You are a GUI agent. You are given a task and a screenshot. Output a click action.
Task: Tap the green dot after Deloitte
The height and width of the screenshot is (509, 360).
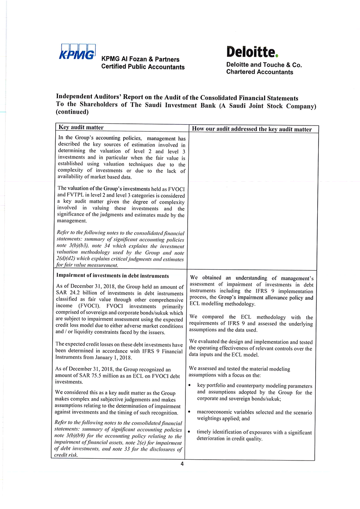click(277, 55)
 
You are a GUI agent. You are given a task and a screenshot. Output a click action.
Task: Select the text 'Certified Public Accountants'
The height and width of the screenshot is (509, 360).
click(143, 67)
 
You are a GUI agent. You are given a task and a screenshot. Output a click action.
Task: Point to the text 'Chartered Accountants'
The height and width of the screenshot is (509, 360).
click(260, 72)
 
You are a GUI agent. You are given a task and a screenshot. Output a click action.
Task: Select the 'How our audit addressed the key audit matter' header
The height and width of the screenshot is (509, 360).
click(252, 129)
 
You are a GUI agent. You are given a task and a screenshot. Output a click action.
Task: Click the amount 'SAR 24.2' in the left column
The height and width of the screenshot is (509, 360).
click(69, 293)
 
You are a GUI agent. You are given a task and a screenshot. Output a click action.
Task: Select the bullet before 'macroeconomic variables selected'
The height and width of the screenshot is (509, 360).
click(191, 412)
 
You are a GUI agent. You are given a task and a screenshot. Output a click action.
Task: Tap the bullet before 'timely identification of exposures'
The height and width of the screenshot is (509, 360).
click(191, 432)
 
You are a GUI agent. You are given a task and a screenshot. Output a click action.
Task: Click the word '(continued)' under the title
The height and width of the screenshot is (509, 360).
click(72, 112)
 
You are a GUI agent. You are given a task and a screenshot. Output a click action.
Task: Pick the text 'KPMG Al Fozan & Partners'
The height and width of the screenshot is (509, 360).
click(140, 59)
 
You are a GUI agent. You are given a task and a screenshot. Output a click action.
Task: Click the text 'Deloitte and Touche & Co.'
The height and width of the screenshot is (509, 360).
click(264, 65)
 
